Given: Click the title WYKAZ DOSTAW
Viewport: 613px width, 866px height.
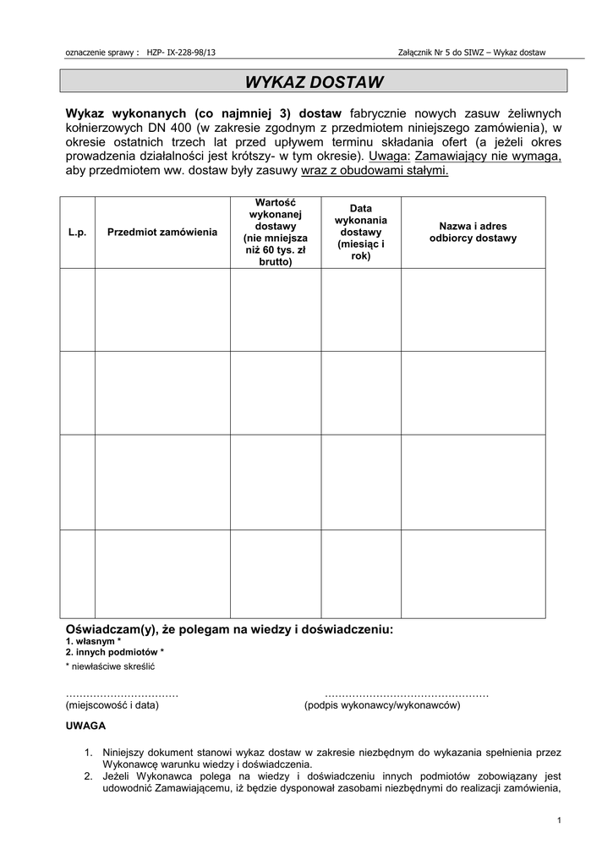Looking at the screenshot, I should (314, 82).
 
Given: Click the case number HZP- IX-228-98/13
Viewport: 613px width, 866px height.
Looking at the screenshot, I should (181, 52).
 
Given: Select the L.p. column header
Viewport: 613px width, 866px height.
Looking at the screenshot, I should (77, 233).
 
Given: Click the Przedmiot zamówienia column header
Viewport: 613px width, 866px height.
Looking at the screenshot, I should (162, 233).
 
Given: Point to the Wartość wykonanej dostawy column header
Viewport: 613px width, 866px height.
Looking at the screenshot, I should (275, 232).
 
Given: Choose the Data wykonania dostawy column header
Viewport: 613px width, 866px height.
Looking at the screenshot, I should (360, 232).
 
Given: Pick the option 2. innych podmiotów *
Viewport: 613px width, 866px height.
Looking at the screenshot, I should (115, 653).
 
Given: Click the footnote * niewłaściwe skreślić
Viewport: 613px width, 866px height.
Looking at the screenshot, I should (110, 667).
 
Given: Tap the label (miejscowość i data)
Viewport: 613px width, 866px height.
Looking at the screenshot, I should (112, 705).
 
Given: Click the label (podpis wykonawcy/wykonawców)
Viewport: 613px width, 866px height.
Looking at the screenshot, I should (382, 705).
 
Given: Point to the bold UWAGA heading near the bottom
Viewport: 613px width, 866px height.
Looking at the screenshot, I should (85, 726).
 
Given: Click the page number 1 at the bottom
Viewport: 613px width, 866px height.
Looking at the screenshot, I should (560, 819).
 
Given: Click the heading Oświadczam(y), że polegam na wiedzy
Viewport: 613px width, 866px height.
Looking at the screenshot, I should (229, 630).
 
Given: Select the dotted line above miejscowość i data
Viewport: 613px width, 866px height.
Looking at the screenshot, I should (122, 693).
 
